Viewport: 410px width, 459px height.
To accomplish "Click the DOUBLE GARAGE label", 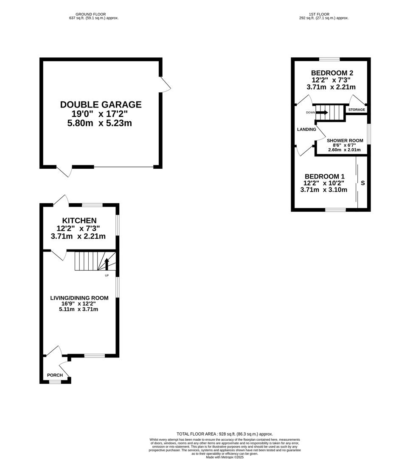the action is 101,105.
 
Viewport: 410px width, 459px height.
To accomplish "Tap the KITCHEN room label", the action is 79,221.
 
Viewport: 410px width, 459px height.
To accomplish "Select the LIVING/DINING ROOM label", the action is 79,298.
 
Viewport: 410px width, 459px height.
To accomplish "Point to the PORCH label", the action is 55,375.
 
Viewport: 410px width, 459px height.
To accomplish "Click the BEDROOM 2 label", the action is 332,73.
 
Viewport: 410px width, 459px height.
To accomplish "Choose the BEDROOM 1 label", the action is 325,176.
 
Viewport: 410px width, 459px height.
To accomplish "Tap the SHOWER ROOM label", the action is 345,141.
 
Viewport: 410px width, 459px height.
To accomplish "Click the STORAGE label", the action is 357,110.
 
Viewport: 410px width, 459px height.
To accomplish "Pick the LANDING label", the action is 306,129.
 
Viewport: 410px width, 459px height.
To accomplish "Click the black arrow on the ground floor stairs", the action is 107,264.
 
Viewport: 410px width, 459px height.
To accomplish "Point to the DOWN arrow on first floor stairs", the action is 322,112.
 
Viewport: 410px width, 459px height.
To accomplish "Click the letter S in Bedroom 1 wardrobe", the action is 363,183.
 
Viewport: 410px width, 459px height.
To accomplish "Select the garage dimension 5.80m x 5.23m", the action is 100,123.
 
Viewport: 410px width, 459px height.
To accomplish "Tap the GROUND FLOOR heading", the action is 91,14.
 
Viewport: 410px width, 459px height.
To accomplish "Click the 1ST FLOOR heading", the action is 319,14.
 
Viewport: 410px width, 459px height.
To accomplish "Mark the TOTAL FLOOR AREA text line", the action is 225,434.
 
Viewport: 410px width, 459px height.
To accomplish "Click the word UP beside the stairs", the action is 107,275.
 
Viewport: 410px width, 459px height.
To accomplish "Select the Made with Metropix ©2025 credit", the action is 225,457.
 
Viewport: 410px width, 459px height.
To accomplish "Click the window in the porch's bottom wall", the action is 55,381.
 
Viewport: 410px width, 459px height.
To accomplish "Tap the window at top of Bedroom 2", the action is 330,59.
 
